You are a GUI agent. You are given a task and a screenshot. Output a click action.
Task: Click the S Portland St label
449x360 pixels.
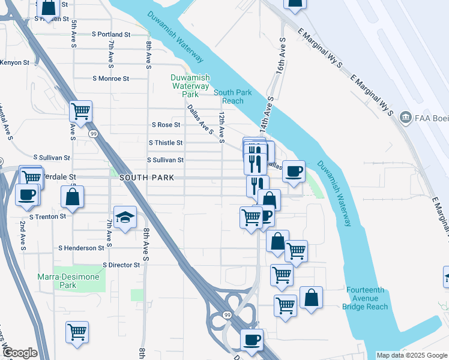[x=110, y=35]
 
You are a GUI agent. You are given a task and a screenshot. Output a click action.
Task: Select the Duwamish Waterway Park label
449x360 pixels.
[x=190, y=86]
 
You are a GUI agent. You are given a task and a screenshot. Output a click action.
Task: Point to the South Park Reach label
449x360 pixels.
[x=229, y=97]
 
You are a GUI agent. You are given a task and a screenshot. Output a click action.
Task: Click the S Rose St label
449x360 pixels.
[x=165, y=125]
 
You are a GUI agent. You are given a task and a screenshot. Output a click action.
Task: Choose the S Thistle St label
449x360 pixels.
[x=165, y=143]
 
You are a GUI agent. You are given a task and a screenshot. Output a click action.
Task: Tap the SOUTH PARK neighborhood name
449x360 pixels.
[x=146, y=178]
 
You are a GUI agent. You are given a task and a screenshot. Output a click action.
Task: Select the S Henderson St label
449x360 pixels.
[x=81, y=248]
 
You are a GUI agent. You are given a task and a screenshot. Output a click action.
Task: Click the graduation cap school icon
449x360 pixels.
[x=125, y=217]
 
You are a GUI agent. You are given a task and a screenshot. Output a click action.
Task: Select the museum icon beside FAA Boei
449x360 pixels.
[x=406, y=116]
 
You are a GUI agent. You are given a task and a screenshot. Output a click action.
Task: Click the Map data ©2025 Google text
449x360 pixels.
[x=412, y=355]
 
